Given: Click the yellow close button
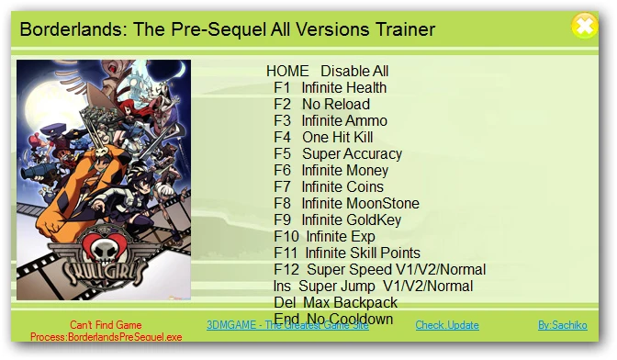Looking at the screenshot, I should (584, 27).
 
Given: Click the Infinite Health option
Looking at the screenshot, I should (331, 88).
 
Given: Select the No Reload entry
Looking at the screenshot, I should (322, 105).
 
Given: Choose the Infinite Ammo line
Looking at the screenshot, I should (331, 121).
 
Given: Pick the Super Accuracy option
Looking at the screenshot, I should (338, 154).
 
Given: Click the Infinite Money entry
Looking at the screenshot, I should (331, 171).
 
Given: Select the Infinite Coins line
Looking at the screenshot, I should (329, 187).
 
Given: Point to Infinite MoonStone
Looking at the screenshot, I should (346, 204).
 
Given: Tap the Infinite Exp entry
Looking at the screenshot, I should (324, 237).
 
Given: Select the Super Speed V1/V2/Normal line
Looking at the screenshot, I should (379, 270).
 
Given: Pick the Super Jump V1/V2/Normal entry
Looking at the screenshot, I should (374, 287).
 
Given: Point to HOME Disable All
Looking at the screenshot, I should (328, 72).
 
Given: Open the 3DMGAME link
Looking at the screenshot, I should (287, 325).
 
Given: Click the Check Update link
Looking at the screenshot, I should (447, 325).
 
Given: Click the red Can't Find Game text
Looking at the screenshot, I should (107, 325).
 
